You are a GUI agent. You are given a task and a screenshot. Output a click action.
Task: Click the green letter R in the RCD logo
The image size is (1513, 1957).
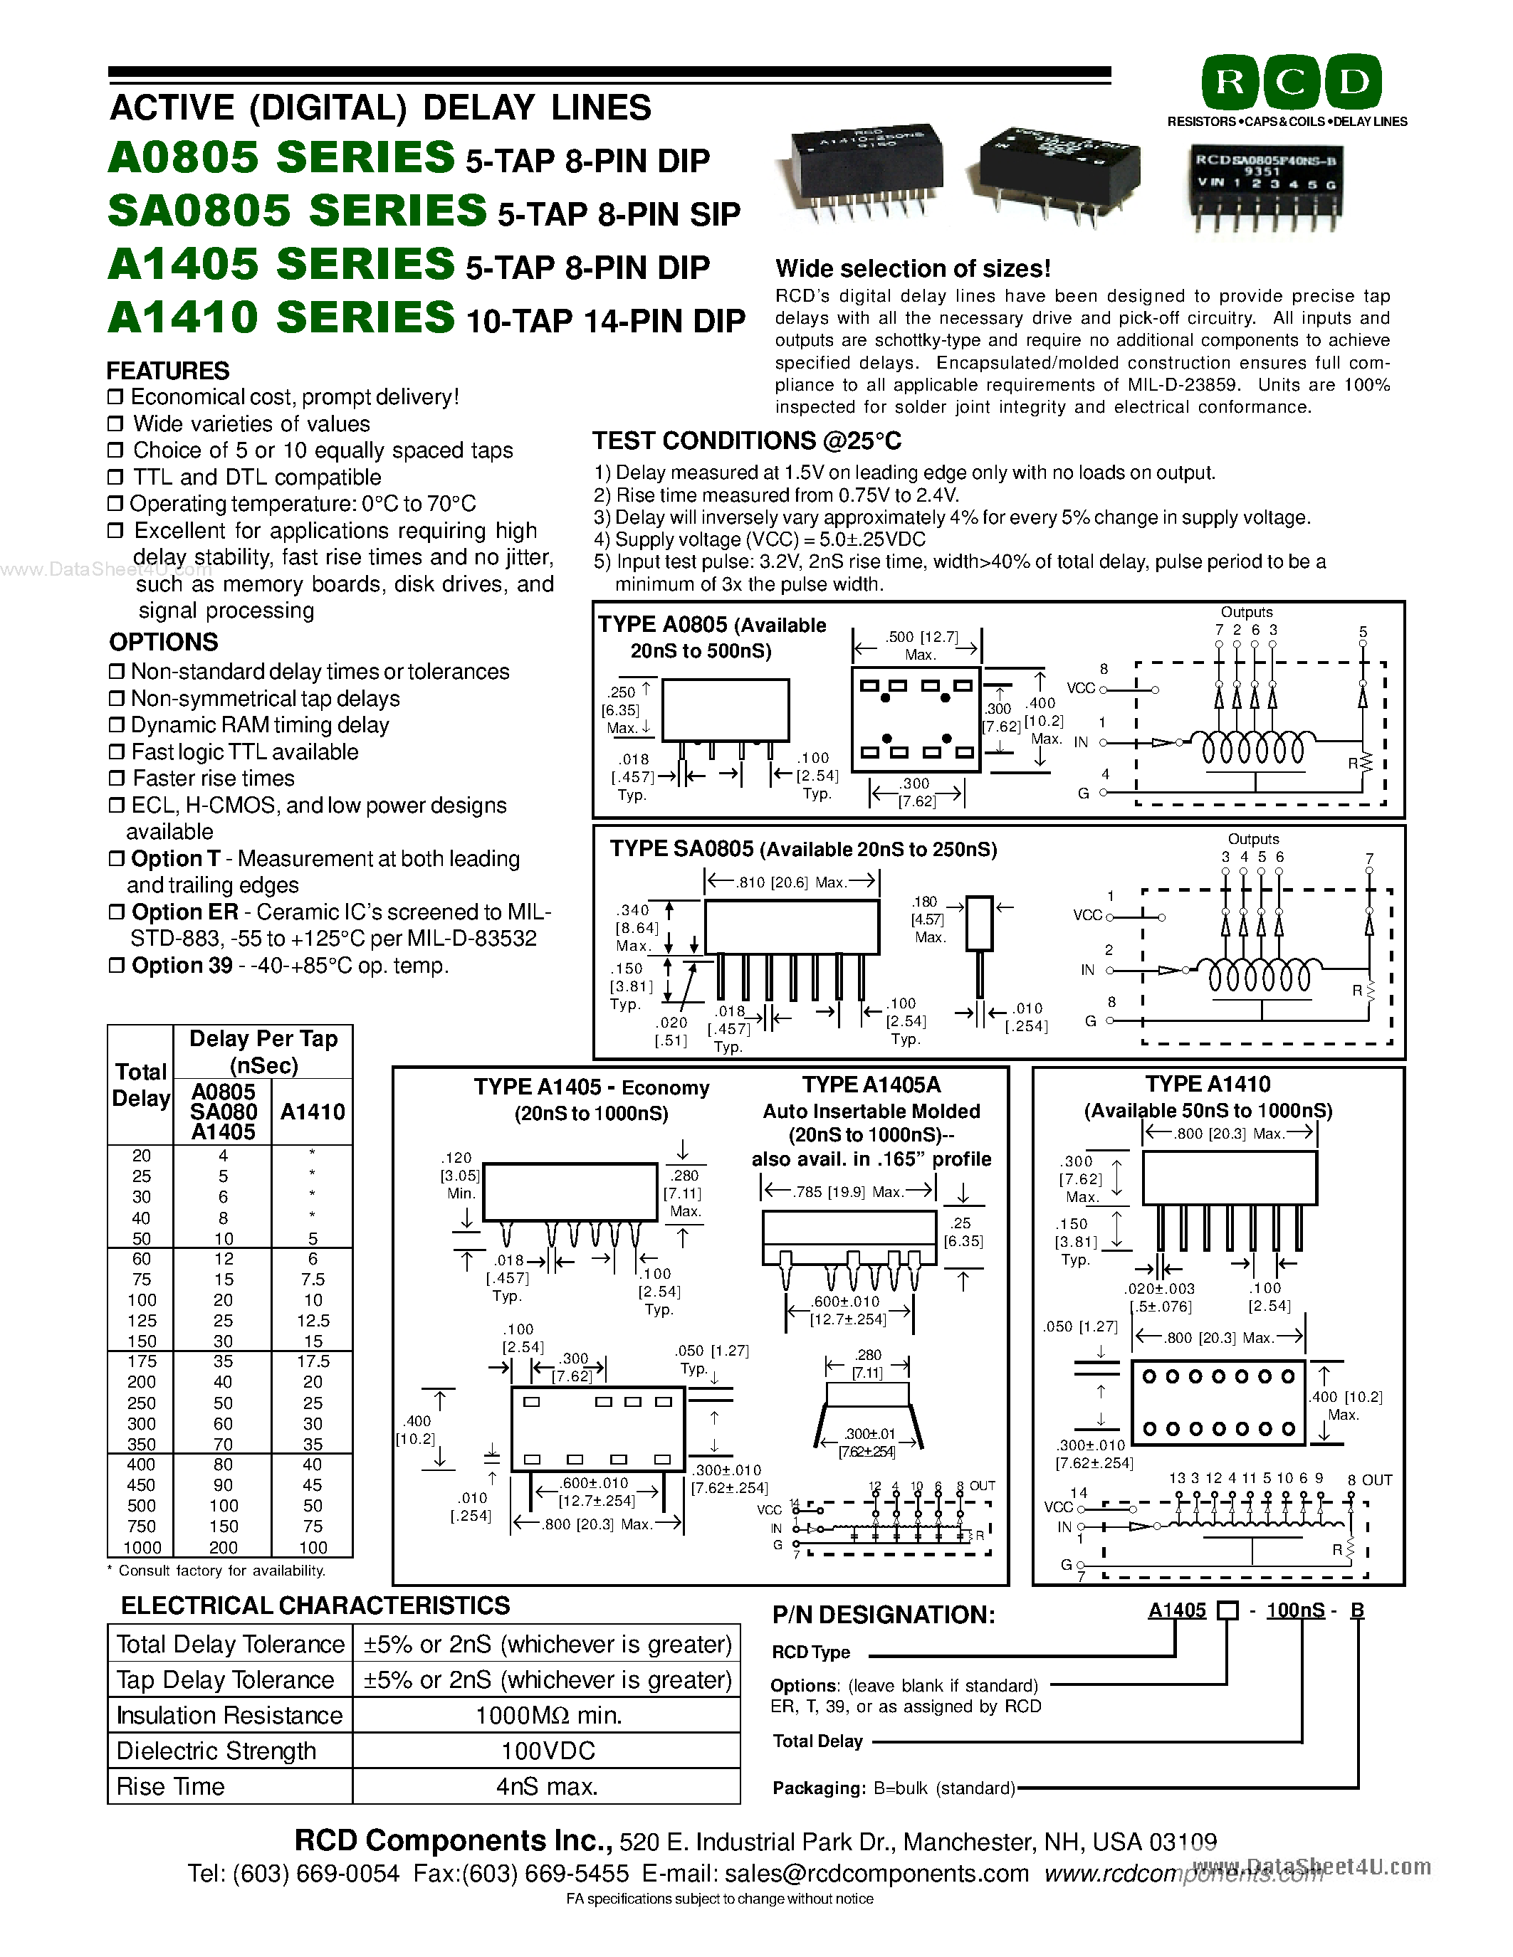click(x=1230, y=83)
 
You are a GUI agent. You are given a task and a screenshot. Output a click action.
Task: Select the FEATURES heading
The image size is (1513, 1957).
click(x=167, y=371)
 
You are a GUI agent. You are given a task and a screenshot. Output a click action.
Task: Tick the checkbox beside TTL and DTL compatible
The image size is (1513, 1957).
click(x=115, y=478)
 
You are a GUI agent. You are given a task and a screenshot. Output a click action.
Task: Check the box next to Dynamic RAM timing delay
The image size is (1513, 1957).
click(x=115, y=725)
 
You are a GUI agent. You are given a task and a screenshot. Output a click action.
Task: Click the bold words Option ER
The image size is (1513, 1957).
click(x=184, y=912)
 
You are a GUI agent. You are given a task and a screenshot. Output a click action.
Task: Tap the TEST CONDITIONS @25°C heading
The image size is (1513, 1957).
click(x=745, y=441)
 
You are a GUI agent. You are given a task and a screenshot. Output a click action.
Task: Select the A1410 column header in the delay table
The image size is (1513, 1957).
click(x=312, y=1112)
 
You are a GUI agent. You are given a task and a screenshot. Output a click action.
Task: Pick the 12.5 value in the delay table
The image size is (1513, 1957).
click(x=313, y=1321)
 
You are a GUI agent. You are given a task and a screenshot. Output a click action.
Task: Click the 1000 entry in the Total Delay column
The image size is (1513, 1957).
click(x=142, y=1548)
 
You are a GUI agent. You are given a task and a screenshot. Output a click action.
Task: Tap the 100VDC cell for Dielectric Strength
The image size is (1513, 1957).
click(x=548, y=1751)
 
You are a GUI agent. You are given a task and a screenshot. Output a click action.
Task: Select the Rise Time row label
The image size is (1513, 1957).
click(x=170, y=1787)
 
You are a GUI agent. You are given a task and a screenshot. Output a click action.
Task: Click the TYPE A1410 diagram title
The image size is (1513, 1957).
click(x=1208, y=1085)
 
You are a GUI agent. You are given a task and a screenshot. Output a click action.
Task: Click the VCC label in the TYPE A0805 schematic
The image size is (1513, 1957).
click(x=1081, y=688)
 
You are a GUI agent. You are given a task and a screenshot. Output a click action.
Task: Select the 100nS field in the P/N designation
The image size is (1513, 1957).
click(x=1295, y=1610)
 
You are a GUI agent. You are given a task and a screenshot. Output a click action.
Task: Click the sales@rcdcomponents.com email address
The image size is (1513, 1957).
click(x=876, y=1874)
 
